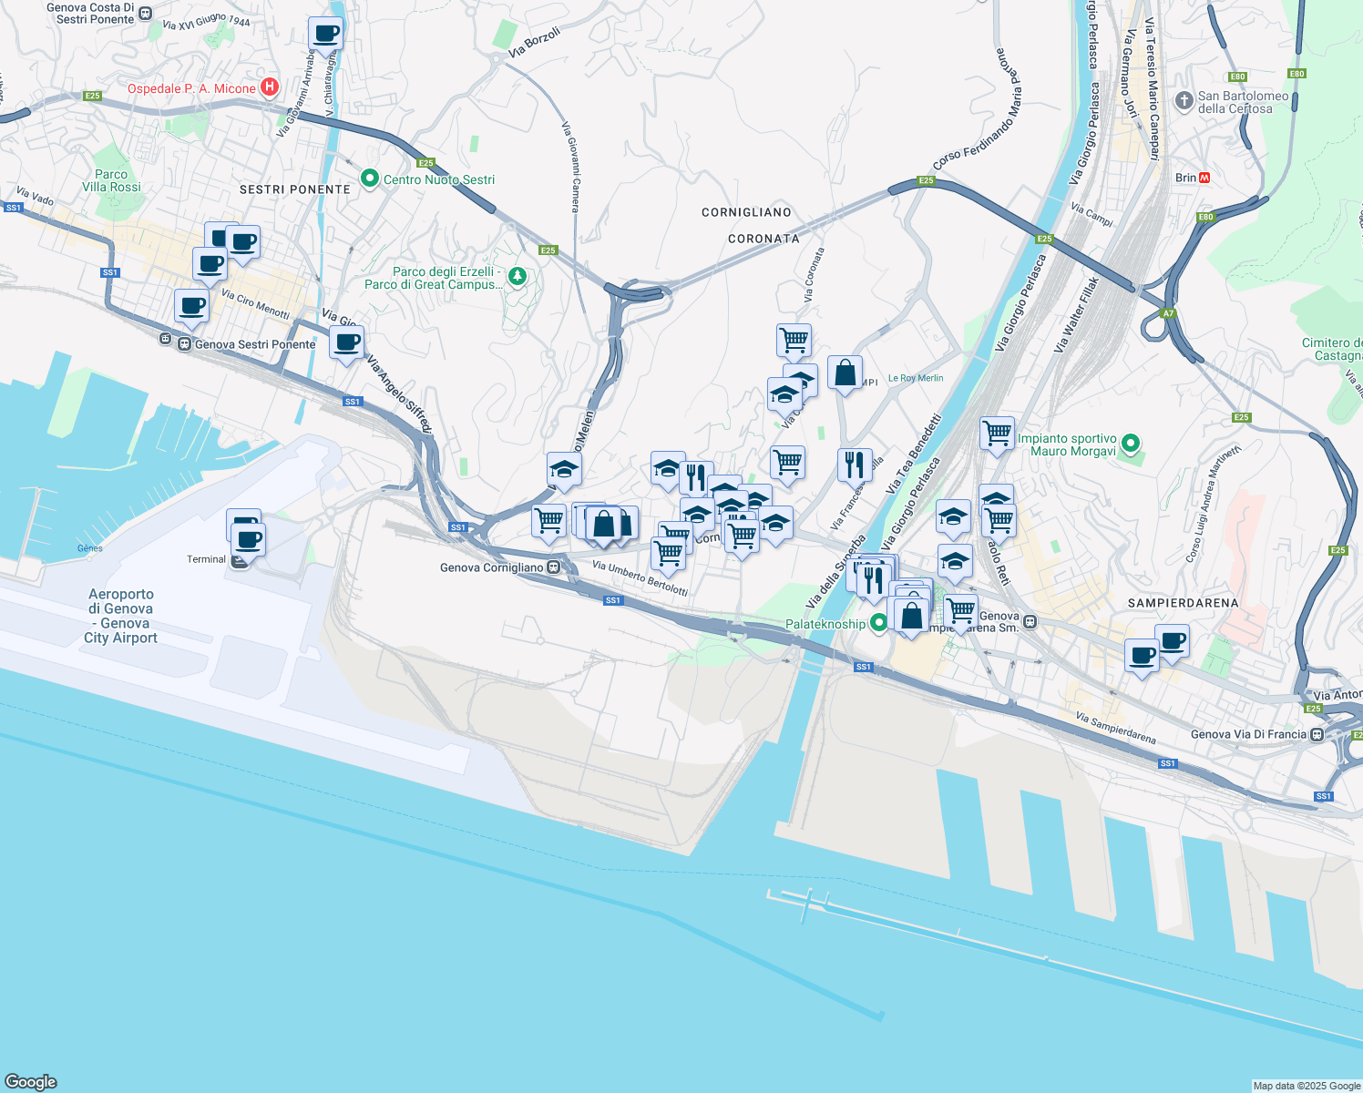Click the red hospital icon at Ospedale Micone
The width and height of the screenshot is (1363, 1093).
[270, 87]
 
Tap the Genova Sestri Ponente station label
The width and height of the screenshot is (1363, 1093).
[254, 344]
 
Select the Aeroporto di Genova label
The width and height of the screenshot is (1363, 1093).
[120, 616]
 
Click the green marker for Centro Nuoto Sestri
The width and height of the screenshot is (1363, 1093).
[369, 179]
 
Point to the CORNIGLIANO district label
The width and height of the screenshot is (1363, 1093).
[746, 212]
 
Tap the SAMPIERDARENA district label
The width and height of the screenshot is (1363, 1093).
[1183, 603]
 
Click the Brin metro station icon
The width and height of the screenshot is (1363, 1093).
[1204, 178]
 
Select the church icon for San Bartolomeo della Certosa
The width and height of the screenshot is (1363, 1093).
[1184, 101]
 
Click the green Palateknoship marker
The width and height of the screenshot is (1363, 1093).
[878, 624]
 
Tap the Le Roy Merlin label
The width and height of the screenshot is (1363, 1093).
[916, 378]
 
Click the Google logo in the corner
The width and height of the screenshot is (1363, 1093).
[30, 1082]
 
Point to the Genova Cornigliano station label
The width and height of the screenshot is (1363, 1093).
[492, 567]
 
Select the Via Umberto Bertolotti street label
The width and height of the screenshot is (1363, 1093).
[640, 578]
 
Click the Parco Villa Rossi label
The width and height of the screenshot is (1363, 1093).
[111, 180]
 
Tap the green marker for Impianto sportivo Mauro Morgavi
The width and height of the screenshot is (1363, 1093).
[1131, 444]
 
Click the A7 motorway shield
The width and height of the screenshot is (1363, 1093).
[1168, 313]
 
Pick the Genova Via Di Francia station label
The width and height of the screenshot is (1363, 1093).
[1248, 734]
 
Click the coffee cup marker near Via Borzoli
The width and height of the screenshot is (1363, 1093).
[325, 35]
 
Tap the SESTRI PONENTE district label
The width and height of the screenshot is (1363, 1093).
[294, 189]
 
